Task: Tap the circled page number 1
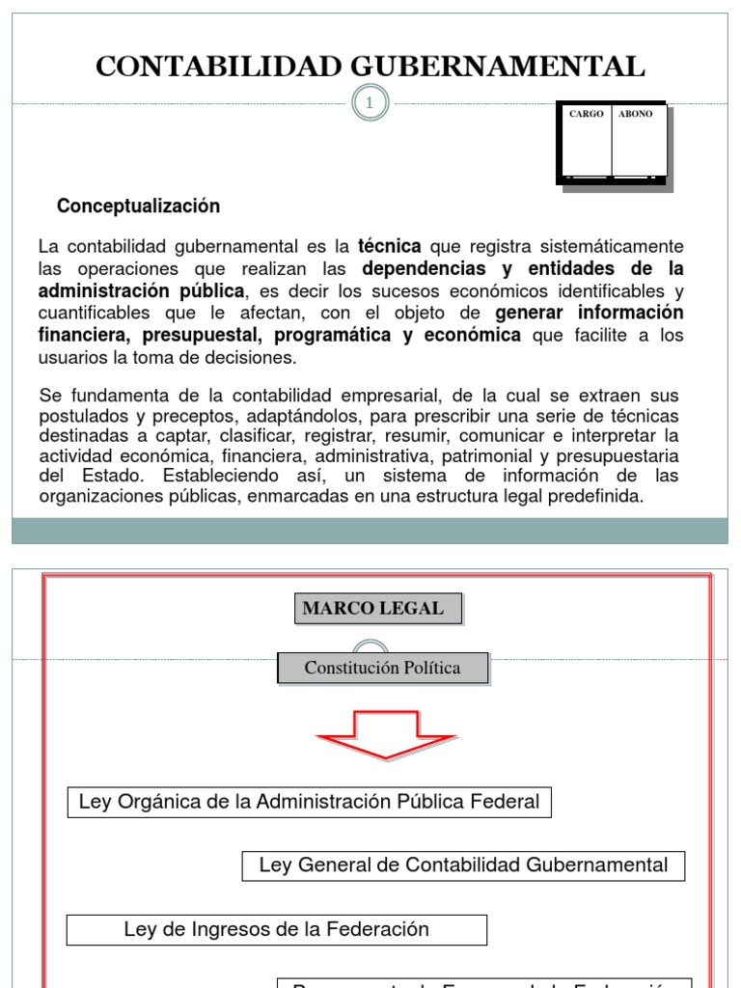point(367,103)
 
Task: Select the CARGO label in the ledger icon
point(586,114)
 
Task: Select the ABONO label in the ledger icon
point(636,114)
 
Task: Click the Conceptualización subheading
point(138,206)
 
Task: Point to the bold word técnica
point(390,245)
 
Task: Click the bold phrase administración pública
point(143,289)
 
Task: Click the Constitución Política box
point(382,668)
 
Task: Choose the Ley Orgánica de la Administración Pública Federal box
point(309,802)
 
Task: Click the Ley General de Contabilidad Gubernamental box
point(463,864)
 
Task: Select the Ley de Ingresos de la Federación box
point(276,929)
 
